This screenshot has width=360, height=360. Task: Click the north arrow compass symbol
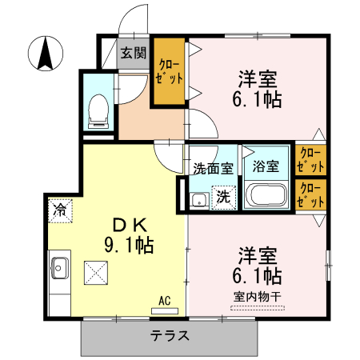pyautogui.click(x=46, y=54)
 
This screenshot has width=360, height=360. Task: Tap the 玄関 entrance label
pyautogui.click(x=134, y=54)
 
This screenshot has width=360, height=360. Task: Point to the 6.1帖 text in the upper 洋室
pyautogui.click(x=257, y=101)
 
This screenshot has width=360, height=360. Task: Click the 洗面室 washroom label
pyautogui.click(x=213, y=169)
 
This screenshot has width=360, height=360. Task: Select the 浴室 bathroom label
pyautogui.click(x=266, y=167)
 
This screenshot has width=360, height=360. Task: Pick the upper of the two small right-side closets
pyautogui.click(x=310, y=161)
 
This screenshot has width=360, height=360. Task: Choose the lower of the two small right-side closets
pyautogui.click(x=310, y=196)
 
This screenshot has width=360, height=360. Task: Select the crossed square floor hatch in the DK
pyautogui.click(x=97, y=273)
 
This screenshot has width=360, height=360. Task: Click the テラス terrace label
pyautogui.click(x=170, y=336)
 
